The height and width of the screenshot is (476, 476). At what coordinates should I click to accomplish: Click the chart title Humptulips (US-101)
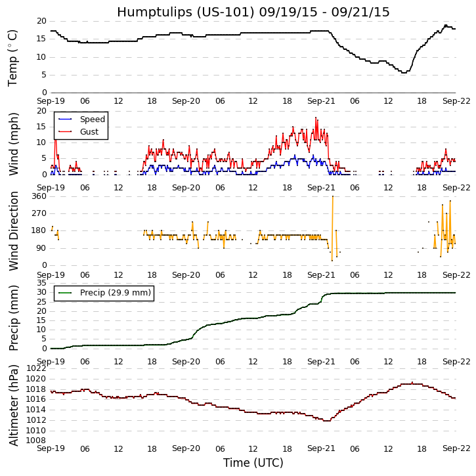[253, 12]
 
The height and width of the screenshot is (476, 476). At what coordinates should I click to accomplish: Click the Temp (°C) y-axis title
[13, 57]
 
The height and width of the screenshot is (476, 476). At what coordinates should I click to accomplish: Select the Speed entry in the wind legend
[92, 119]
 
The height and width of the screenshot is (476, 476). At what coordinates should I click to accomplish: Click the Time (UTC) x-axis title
[253, 463]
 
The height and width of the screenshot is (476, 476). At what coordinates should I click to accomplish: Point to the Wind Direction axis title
[13, 230]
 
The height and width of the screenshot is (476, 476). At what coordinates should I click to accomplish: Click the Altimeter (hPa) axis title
[13, 404]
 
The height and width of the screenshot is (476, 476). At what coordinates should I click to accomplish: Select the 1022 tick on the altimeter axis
[36, 368]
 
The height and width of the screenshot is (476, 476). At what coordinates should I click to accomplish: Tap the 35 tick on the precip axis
[41, 282]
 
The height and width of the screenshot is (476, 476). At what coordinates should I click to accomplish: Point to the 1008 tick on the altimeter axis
[36, 441]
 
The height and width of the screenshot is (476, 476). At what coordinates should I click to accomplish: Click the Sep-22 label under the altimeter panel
[456, 448]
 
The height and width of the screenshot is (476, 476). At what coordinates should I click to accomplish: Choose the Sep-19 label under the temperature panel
[51, 102]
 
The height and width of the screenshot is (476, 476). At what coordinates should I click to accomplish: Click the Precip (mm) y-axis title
[13, 316]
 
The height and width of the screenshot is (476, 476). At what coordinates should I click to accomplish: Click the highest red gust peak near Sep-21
[316, 118]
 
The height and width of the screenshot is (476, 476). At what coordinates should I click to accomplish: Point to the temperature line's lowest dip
[404, 72]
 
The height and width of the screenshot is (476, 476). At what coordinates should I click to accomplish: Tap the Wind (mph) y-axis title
[13, 143]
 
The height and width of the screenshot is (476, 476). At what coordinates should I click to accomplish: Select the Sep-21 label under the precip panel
[320, 361]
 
